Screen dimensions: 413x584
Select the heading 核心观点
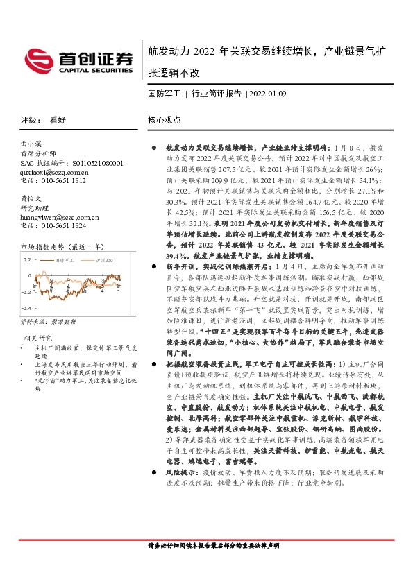click(x=165, y=119)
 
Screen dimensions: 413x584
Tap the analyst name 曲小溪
click(x=32, y=142)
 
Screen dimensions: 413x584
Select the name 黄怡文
click(x=32, y=198)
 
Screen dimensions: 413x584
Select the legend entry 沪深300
click(x=102, y=260)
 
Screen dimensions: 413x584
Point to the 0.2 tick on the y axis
click(x=28, y=259)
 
